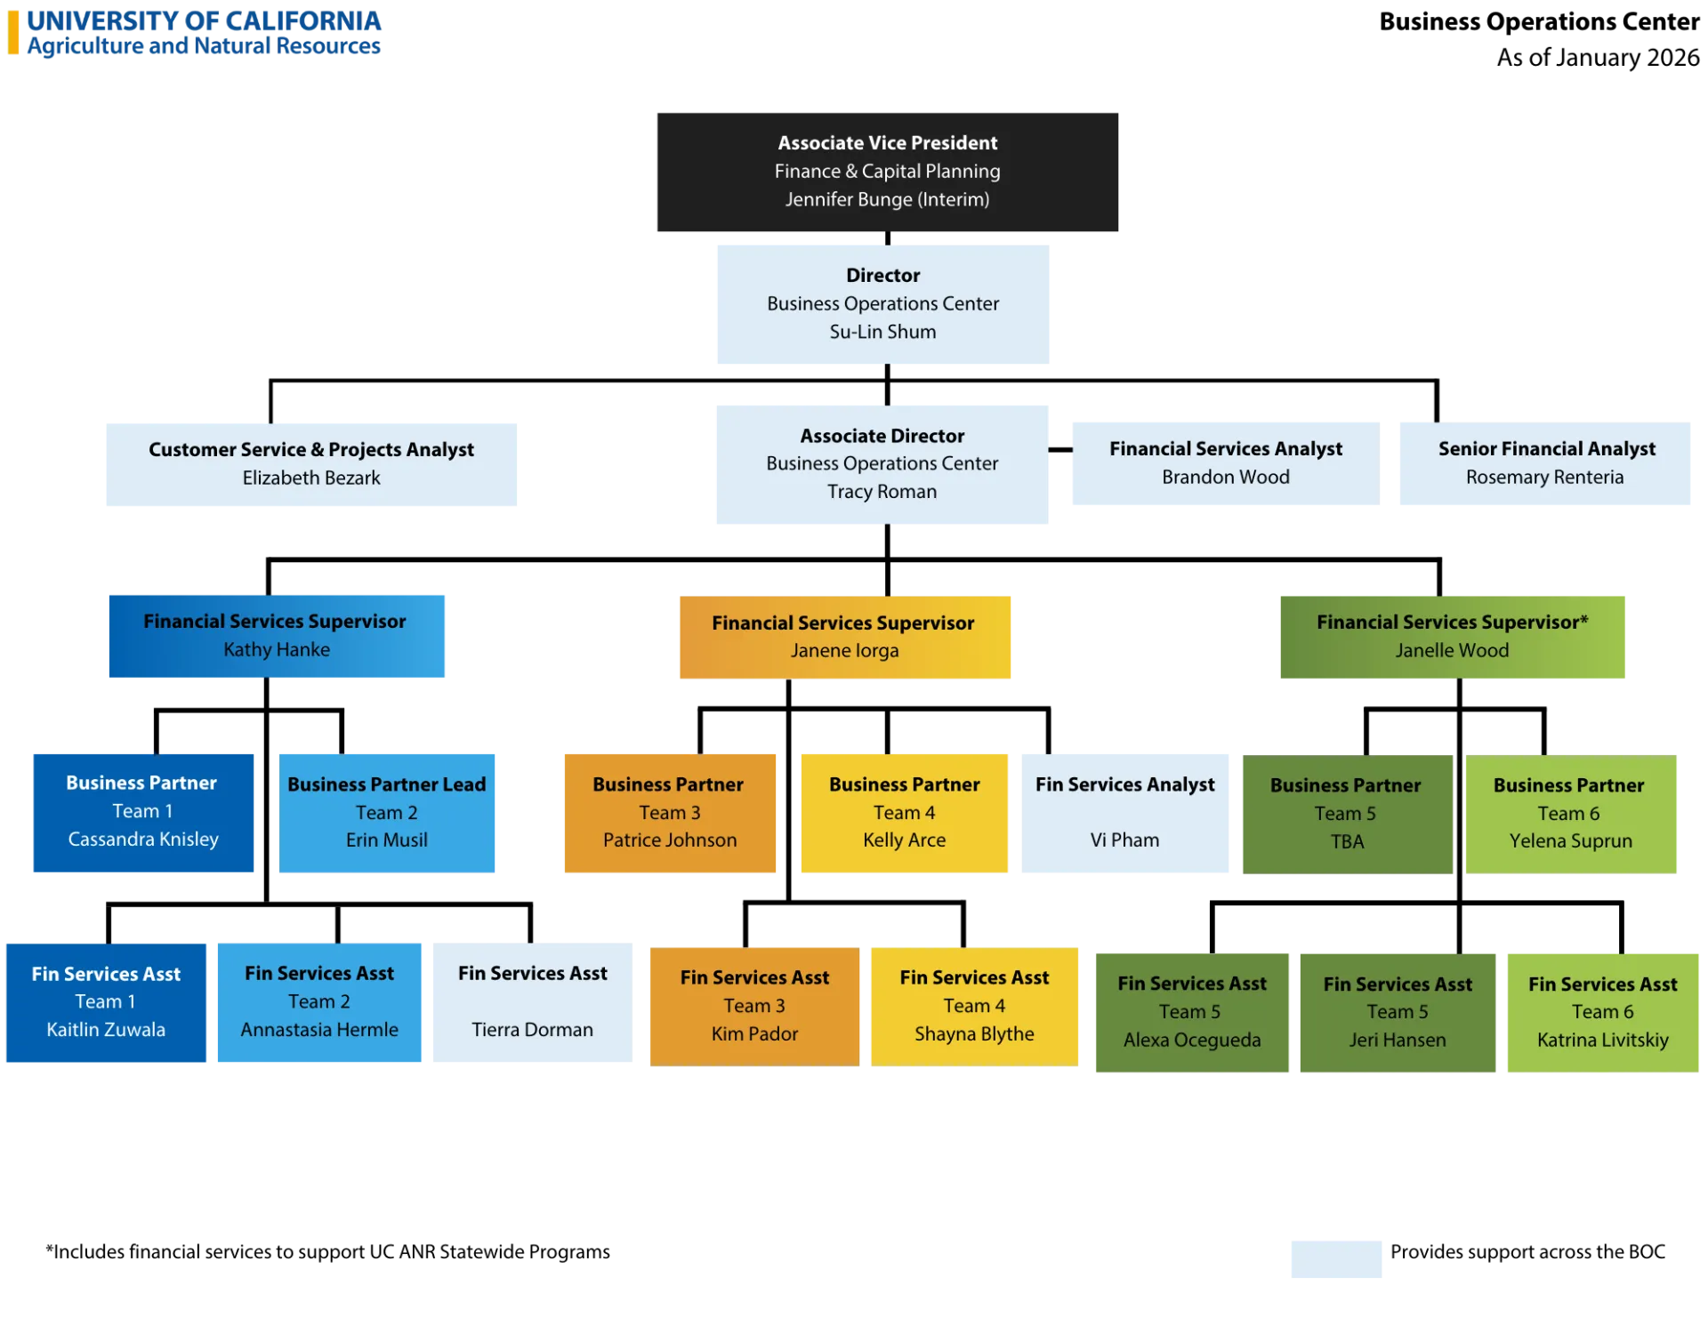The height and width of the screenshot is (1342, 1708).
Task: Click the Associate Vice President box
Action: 889,171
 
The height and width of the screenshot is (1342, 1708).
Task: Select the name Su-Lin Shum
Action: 882,332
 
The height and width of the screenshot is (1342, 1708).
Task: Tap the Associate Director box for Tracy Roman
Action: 882,462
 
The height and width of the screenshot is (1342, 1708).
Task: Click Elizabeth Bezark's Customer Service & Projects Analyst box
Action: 310,465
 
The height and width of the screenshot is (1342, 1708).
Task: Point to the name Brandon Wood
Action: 1225,478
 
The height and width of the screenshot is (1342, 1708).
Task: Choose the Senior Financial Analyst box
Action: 1544,465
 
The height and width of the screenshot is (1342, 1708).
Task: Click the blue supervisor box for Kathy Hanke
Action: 277,636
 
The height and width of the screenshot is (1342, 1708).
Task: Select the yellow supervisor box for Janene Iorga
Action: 845,637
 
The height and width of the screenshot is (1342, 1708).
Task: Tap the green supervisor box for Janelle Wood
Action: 1451,637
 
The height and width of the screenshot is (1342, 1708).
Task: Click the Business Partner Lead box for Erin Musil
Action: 387,811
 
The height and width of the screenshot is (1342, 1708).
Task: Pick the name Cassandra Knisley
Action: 143,840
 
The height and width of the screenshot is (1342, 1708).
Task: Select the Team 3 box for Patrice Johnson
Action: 671,812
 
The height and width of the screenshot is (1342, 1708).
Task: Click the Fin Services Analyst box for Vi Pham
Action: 1124,811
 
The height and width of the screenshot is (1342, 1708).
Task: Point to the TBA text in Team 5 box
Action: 1347,841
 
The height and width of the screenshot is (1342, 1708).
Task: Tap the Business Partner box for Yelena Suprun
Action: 1571,814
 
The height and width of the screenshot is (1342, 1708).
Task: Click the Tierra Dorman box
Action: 531,1003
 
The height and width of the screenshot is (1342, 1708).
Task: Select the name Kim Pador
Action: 754,1034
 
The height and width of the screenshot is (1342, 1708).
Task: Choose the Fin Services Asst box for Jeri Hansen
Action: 1397,1011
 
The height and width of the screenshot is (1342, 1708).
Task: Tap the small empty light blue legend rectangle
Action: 1337,1258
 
